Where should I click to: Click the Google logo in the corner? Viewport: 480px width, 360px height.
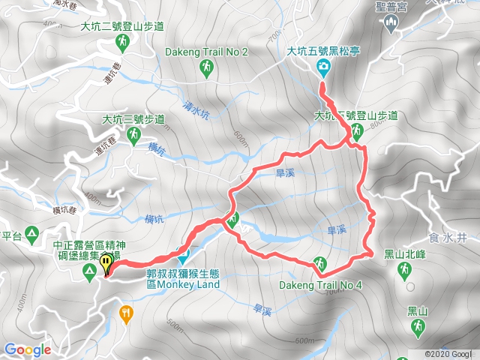pyautogui.click(x=27, y=349)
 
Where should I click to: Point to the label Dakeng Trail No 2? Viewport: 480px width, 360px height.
pyautogui.click(x=207, y=52)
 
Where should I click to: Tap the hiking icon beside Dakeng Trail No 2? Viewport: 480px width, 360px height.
pyautogui.click(x=207, y=69)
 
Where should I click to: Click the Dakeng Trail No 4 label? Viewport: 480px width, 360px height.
pyautogui.click(x=321, y=286)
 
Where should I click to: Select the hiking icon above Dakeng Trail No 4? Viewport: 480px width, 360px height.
pyautogui.click(x=320, y=264)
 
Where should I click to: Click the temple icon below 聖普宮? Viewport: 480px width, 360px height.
pyautogui.click(x=389, y=23)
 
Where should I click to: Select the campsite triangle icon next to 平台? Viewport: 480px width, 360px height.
pyautogui.click(x=32, y=234)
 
